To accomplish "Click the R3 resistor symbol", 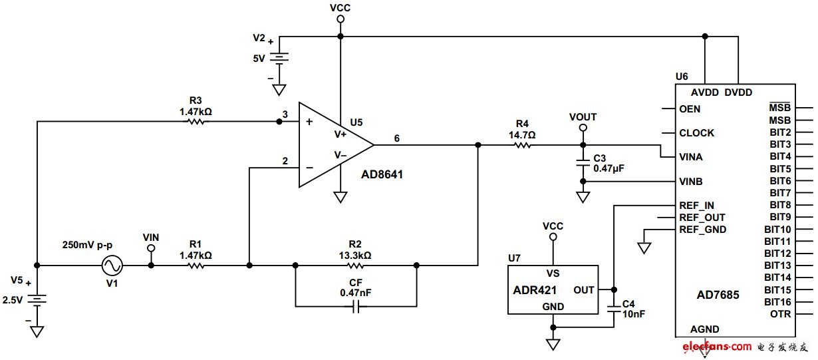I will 196,122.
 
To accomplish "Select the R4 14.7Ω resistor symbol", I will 523,144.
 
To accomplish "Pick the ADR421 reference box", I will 553,289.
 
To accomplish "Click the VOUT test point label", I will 583,117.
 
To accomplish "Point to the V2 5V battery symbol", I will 279,58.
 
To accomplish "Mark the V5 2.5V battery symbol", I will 37,300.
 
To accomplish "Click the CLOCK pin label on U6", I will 696,133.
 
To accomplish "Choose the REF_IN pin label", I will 697,206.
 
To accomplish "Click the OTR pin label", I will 780,314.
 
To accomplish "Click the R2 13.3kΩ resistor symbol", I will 356,266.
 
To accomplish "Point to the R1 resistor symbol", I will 196,266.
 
